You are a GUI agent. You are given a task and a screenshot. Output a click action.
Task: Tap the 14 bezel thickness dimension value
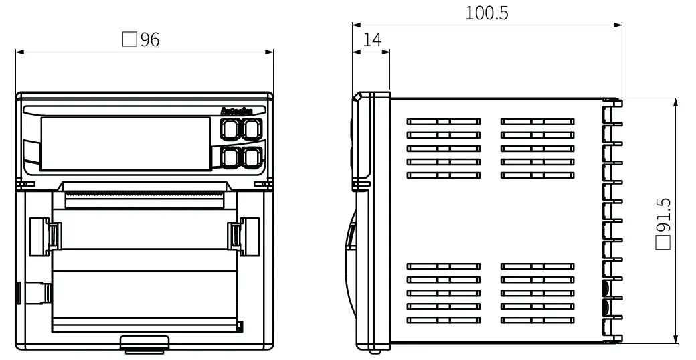372,40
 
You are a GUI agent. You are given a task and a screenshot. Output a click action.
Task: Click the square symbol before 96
129,40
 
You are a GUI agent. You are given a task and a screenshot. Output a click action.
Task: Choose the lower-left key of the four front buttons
230,157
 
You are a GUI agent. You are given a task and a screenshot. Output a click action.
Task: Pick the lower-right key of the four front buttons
252,157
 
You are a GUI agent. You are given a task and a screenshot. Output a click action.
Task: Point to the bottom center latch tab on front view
145,345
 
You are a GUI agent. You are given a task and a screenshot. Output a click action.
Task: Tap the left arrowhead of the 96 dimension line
18,51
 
